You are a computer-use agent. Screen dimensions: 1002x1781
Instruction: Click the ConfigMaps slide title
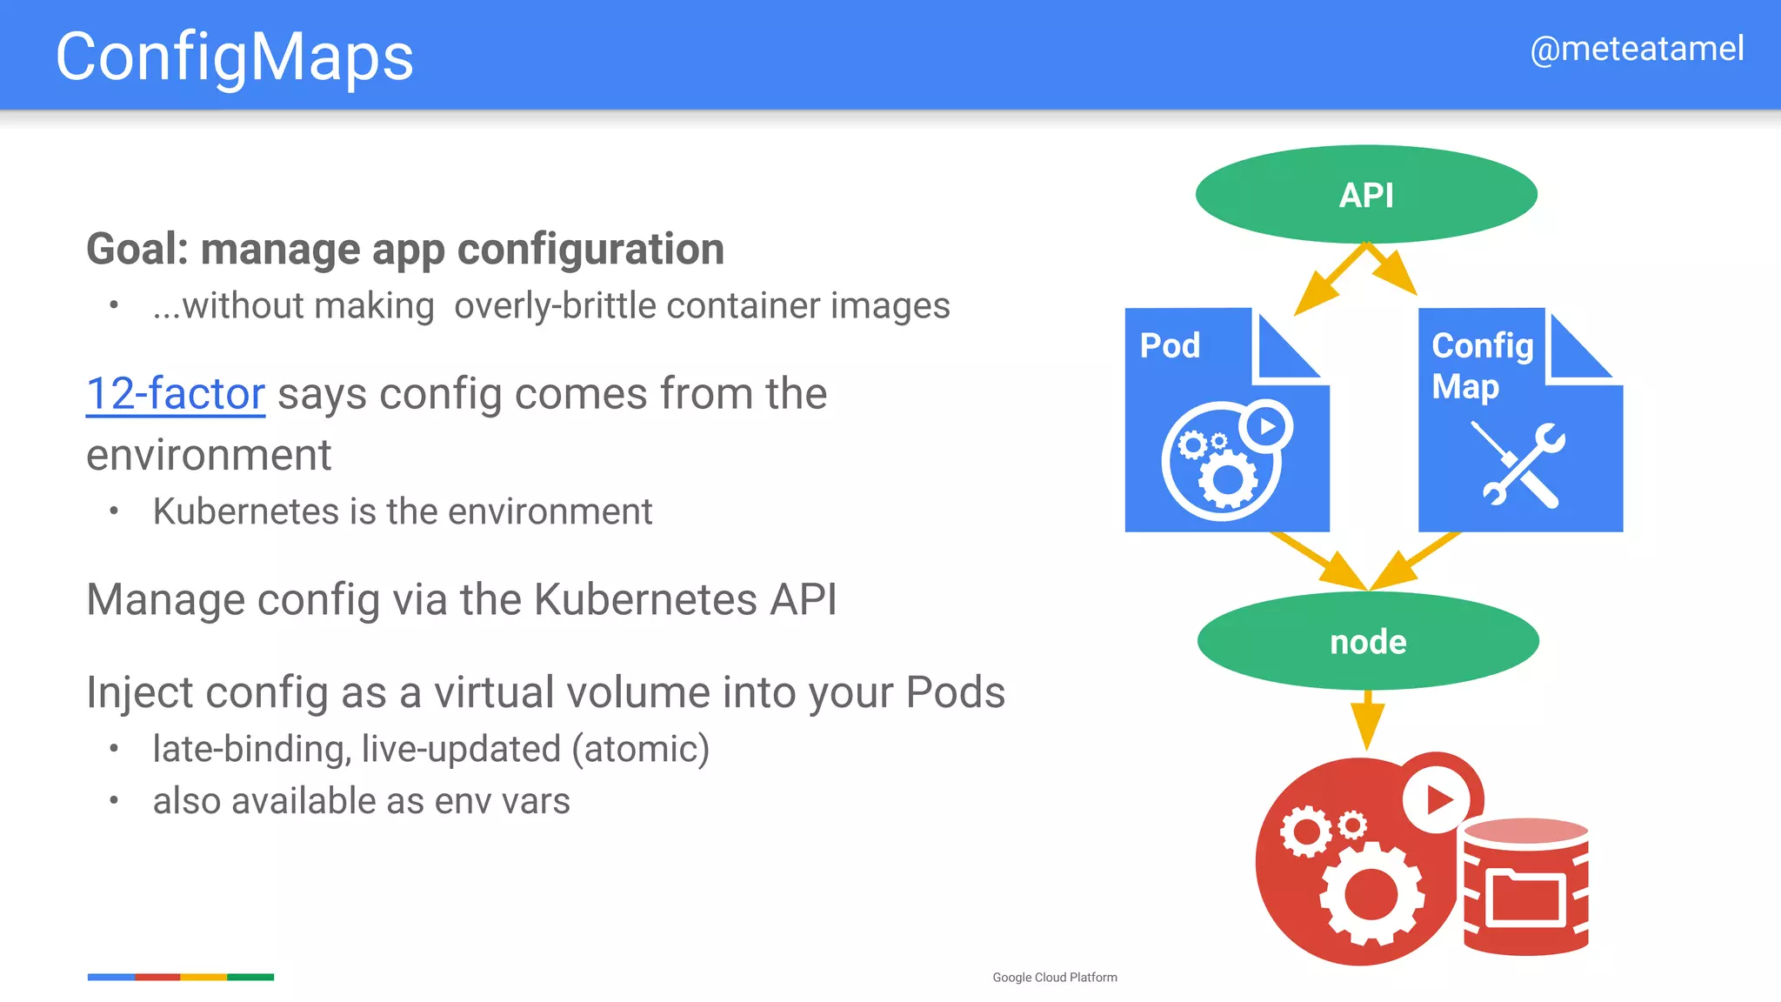click(234, 57)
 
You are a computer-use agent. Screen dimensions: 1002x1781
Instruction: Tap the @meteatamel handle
click(1636, 49)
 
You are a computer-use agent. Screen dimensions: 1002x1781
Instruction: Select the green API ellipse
click(1366, 195)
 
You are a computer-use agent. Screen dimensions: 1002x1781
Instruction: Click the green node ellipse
click(1368, 642)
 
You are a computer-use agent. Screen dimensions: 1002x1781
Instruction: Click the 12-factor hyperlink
click(176, 394)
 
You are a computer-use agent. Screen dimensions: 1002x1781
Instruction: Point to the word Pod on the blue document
click(1170, 346)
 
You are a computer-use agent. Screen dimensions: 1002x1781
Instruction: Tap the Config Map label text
click(1481, 365)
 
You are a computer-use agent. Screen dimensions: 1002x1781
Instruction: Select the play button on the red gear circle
click(1439, 798)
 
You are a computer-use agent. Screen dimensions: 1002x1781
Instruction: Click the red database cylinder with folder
click(1526, 887)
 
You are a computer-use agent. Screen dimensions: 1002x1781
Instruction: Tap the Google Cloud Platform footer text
click(1054, 978)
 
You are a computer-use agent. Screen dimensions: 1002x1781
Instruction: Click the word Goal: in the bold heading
click(137, 250)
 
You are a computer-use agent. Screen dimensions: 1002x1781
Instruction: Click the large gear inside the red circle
click(1371, 893)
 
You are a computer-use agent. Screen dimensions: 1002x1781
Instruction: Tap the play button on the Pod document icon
click(1267, 426)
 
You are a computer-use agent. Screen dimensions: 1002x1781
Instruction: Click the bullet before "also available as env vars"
click(114, 800)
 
